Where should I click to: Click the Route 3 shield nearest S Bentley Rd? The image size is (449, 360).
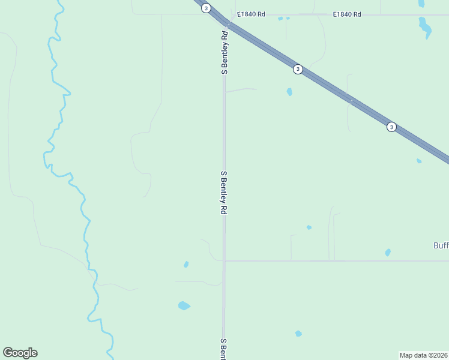[206, 8]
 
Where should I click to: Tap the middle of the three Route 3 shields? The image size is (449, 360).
[298, 70]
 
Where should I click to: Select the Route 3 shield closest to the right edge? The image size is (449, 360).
[391, 127]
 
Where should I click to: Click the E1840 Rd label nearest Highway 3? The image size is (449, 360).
[251, 14]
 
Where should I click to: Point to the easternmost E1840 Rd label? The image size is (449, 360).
[348, 14]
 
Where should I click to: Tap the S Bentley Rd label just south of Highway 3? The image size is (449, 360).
[224, 52]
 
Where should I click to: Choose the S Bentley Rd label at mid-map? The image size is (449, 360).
[224, 193]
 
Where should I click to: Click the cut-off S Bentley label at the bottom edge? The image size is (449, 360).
[223, 349]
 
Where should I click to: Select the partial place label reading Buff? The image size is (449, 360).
[441, 245]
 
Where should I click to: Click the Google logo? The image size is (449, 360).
[20, 353]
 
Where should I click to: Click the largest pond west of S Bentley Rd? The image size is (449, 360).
[184, 306]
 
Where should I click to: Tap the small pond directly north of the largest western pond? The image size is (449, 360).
[186, 264]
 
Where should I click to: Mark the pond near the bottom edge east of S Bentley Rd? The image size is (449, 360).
[298, 333]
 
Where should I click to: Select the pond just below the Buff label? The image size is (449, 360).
[388, 253]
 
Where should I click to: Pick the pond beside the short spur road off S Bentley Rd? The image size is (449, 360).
[289, 92]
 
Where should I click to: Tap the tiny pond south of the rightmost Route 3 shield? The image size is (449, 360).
[419, 161]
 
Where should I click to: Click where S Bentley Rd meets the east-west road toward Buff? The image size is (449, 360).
[224, 260]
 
